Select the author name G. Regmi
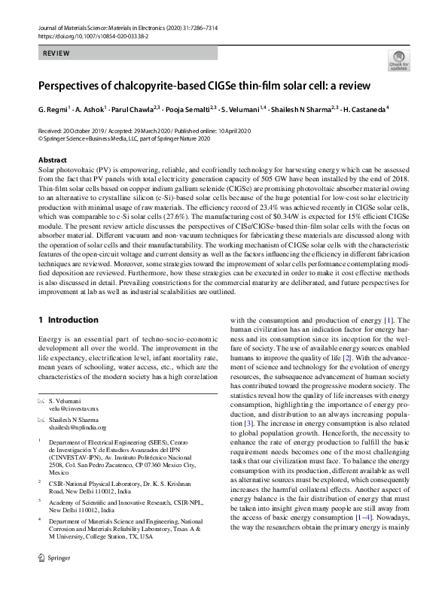(53, 108)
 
